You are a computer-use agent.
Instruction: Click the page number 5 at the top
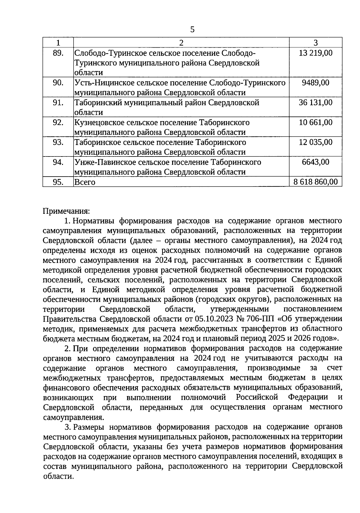[x=192, y=29]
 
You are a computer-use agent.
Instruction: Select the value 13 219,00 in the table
[x=316, y=53]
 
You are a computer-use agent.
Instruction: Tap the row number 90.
[x=58, y=82]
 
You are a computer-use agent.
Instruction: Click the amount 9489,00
[x=316, y=82]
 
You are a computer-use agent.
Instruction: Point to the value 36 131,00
[x=316, y=103]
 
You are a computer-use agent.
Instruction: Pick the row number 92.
[x=58, y=122]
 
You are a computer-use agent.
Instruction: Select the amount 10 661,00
[x=316, y=122]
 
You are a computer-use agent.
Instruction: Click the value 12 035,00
[x=316, y=142]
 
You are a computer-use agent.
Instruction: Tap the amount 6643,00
[x=316, y=162]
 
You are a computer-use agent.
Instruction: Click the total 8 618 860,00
[x=316, y=182]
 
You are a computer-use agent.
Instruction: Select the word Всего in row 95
[x=85, y=182]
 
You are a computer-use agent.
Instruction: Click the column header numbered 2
[x=181, y=43]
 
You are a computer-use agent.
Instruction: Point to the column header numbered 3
[x=316, y=43]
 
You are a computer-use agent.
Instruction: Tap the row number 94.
[x=58, y=162]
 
